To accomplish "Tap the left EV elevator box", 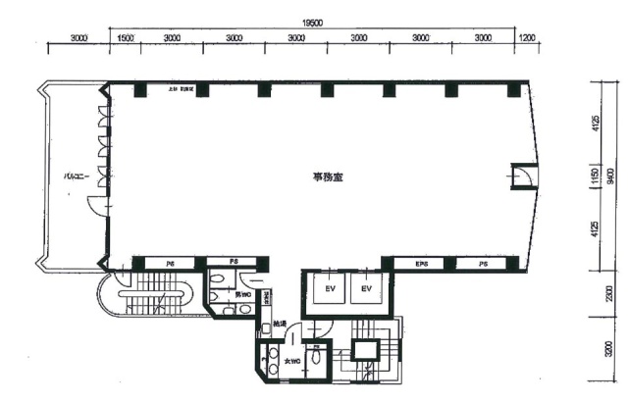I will point(329,289).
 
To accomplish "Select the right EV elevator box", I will point(366,289).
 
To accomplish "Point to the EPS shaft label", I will point(422,263).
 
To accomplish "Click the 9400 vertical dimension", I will point(610,176).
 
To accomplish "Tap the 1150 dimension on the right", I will point(596,176).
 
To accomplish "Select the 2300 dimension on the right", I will point(610,295).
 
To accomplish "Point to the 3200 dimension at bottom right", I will point(610,350).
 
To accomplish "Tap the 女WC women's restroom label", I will point(292,363).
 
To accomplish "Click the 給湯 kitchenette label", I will point(281,324).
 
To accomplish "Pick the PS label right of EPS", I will point(483,263).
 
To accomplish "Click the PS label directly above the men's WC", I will point(234,263).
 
